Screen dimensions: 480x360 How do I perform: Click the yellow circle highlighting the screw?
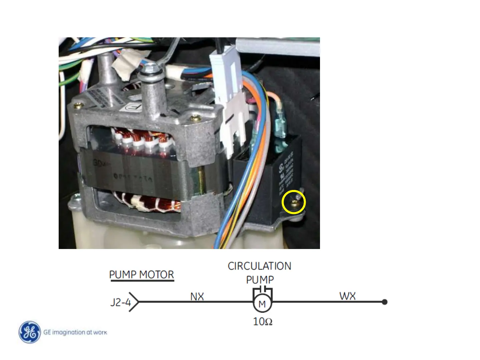click(x=294, y=203)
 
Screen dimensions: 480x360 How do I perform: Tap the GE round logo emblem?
click(x=30, y=332)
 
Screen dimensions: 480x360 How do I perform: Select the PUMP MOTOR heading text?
click(x=142, y=275)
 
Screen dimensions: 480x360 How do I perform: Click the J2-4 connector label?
click(x=120, y=302)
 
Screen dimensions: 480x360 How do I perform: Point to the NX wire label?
click(x=197, y=296)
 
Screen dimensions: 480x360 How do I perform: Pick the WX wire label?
click(x=347, y=296)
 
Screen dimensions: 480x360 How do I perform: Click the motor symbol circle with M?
click(x=262, y=304)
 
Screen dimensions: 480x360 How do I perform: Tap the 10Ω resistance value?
click(x=263, y=322)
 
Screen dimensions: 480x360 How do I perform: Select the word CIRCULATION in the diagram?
click(x=259, y=266)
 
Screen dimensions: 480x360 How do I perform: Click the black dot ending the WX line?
click(x=384, y=302)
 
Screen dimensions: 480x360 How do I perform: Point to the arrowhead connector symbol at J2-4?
click(x=134, y=302)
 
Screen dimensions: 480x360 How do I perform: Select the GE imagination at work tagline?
click(x=75, y=332)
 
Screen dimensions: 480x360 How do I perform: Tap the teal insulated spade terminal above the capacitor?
click(x=280, y=127)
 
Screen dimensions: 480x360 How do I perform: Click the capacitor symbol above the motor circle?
click(x=263, y=289)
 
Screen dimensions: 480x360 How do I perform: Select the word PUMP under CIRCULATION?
click(x=260, y=280)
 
